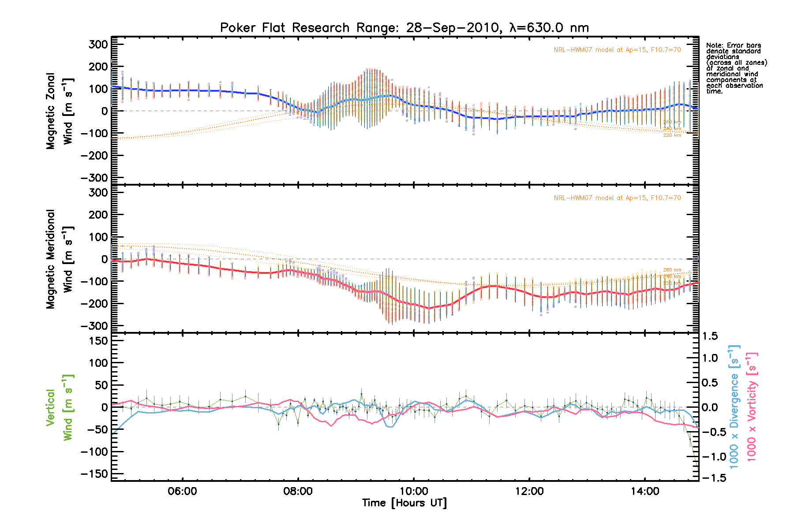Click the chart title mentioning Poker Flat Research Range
pyautogui.click(x=404, y=28)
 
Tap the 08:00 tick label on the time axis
pyautogui.click(x=298, y=492)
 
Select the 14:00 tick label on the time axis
pyautogui.click(x=645, y=492)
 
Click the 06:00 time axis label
pyautogui.click(x=182, y=492)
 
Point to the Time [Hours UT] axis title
pyautogui.click(x=404, y=503)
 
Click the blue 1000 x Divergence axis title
pyautogui.click(x=734, y=406)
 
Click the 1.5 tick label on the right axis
pyautogui.click(x=710, y=336)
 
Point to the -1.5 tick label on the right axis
pyautogui.click(x=708, y=478)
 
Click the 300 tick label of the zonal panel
pyautogui.click(x=98, y=44)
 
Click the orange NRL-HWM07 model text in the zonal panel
pyautogui.click(x=617, y=50)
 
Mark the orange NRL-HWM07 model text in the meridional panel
pyautogui.click(x=617, y=198)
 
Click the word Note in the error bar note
pyautogui.click(x=714, y=45)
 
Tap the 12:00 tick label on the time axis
pyautogui.click(x=529, y=492)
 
